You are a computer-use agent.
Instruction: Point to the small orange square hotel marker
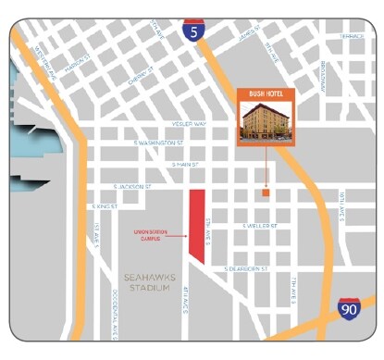point(266,194)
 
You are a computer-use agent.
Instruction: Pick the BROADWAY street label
point(323,75)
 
